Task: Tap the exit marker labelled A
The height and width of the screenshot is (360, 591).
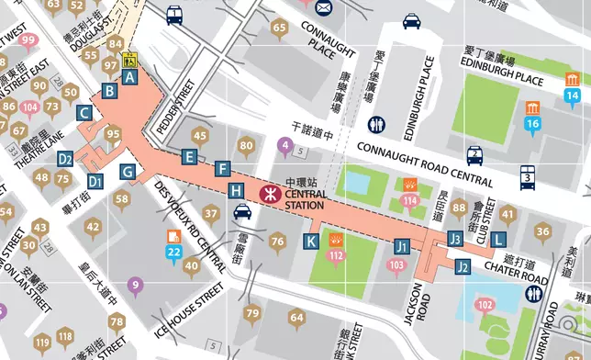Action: (130, 78)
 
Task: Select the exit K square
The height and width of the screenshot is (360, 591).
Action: (311, 242)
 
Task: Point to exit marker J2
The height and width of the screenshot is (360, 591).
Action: (463, 267)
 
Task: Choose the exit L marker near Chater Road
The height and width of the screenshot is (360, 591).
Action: (497, 239)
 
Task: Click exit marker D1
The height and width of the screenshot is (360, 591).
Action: (95, 181)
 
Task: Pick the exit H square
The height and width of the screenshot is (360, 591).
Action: (236, 190)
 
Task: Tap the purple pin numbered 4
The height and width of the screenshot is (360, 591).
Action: (286, 144)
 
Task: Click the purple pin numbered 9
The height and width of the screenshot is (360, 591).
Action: (136, 287)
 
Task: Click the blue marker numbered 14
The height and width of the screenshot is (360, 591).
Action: (572, 96)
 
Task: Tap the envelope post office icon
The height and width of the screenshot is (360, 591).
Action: (323, 8)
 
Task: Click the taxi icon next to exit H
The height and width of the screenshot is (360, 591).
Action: (242, 214)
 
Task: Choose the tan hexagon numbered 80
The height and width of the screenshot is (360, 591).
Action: (246, 146)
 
